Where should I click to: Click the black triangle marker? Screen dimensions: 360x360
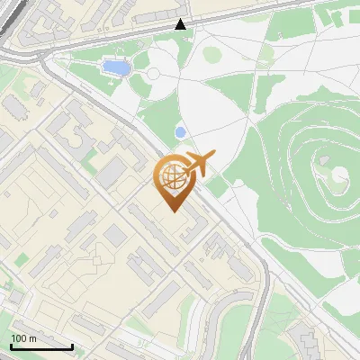[181, 24]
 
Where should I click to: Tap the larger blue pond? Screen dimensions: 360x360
[114, 67]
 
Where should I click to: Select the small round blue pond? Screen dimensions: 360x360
[180, 132]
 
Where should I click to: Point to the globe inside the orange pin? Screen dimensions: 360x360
[171, 178]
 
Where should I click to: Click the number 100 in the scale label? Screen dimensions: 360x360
[18, 337]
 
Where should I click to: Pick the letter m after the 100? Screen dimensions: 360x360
[31, 337]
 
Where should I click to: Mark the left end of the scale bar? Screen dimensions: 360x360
[10, 346]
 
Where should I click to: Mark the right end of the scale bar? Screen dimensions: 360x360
[72, 346]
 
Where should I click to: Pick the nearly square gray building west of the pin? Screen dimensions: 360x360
[115, 235]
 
